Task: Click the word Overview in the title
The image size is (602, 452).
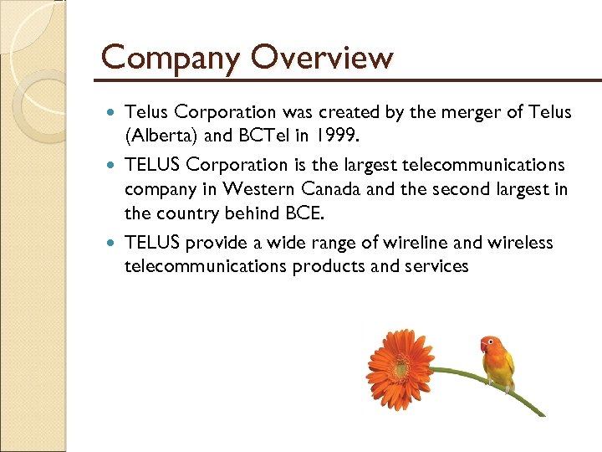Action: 320,57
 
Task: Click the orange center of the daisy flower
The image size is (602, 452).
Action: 400,367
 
